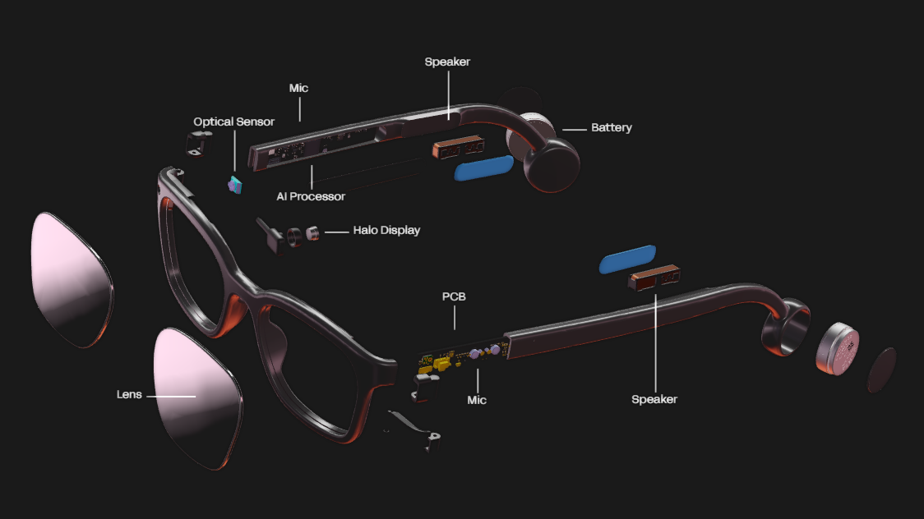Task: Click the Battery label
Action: point(611,128)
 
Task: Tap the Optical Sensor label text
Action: point(234,122)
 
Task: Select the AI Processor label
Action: point(311,196)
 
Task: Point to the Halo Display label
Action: point(386,231)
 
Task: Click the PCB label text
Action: point(454,296)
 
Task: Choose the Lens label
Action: point(129,395)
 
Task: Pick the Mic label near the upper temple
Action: point(298,88)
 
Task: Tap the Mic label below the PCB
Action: point(477,400)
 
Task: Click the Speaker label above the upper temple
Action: point(447,62)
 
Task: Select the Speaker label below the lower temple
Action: point(654,399)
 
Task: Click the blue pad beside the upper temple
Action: point(483,168)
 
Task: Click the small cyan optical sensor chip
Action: point(235,184)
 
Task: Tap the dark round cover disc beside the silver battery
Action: point(882,370)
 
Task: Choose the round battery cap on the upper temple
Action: point(552,163)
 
